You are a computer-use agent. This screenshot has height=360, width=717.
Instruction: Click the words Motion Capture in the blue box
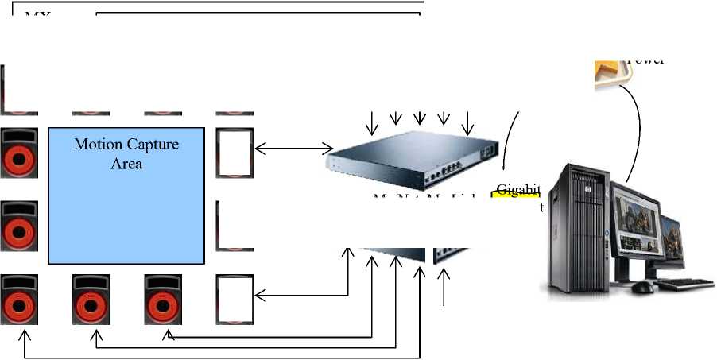pyautogui.click(x=126, y=145)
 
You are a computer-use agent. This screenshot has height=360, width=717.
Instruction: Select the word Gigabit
pyautogui.click(x=518, y=189)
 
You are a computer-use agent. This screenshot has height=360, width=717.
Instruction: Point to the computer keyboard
pyautogui.click(x=684, y=283)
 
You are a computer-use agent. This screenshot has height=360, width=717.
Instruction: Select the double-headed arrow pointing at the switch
pyautogui.click(x=293, y=148)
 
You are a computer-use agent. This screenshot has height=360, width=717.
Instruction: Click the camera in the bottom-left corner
pyautogui.click(x=19, y=300)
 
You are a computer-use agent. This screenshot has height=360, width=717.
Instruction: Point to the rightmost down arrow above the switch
pyautogui.click(x=468, y=122)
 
